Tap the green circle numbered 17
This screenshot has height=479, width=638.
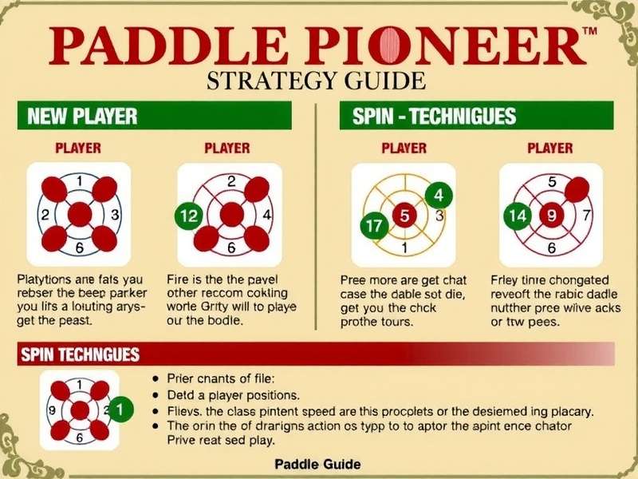click(x=372, y=226)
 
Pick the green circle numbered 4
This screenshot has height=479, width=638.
click(x=438, y=194)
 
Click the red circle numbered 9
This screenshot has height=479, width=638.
click(x=549, y=214)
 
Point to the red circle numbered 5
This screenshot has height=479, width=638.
click(x=404, y=215)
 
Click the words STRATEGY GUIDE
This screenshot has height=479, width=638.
click(x=315, y=81)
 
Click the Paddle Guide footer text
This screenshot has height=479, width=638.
click(x=317, y=464)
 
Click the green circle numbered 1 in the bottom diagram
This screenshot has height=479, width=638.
click(x=120, y=410)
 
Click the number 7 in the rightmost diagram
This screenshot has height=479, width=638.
click(x=586, y=215)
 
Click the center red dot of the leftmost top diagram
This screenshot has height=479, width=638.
click(x=79, y=214)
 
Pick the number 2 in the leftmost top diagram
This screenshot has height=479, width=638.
click(x=45, y=214)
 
